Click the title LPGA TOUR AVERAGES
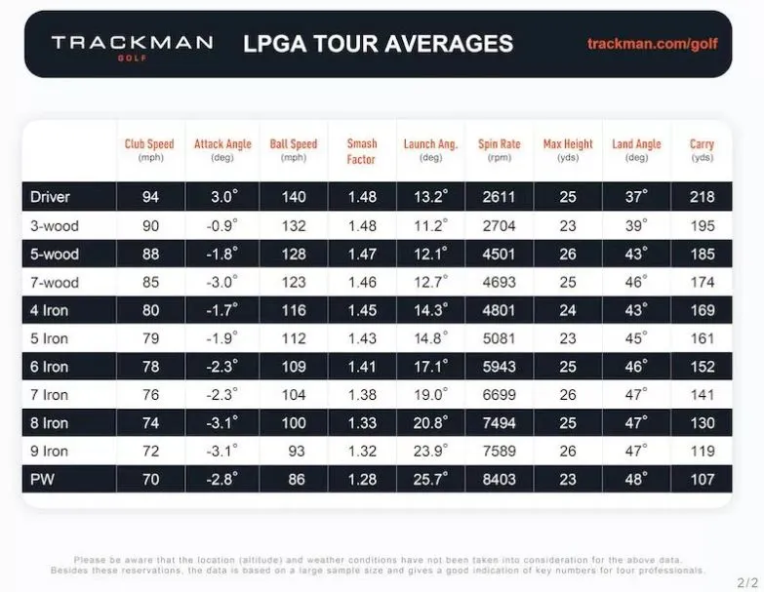click(x=378, y=44)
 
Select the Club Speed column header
click(x=149, y=150)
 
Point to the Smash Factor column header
click(x=362, y=151)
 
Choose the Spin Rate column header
click(x=499, y=150)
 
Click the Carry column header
click(x=702, y=150)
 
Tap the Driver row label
click(x=50, y=197)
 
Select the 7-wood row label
click(x=55, y=283)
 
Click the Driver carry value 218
click(x=703, y=197)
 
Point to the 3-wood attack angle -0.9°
click(x=222, y=225)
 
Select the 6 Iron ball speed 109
click(x=294, y=368)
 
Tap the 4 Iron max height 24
click(x=568, y=311)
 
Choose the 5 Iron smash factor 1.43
click(x=361, y=339)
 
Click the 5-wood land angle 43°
click(x=636, y=255)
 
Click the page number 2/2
click(x=746, y=579)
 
